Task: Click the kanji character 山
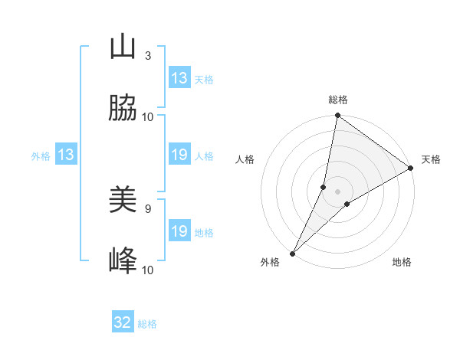pyautogui.click(x=123, y=47)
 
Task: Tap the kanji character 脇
pyautogui.click(x=123, y=109)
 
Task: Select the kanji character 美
pyautogui.click(x=123, y=201)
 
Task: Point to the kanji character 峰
pyautogui.click(x=123, y=262)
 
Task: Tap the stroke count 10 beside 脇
pyautogui.click(x=148, y=116)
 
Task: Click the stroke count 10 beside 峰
pyautogui.click(x=148, y=270)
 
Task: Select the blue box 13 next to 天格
pyautogui.click(x=179, y=78)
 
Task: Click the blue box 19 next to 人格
pyautogui.click(x=179, y=155)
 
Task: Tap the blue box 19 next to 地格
pyautogui.click(x=179, y=231)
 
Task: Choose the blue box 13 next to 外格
pyautogui.click(x=66, y=155)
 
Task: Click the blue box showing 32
pyautogui.click(x=123, y=322)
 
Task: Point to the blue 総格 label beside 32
pyautogui.click(x=147, y=324)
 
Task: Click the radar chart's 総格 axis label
pyautogui.click(x=338, y=100)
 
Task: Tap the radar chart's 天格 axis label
pyautogui.click(x=431, y=159)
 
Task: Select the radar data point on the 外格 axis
pyautogui.click(x=292, y=253)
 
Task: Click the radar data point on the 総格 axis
pyautogui.click(x=338, y=116)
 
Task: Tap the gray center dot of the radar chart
pyautogui.click(x=338, y=191)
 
